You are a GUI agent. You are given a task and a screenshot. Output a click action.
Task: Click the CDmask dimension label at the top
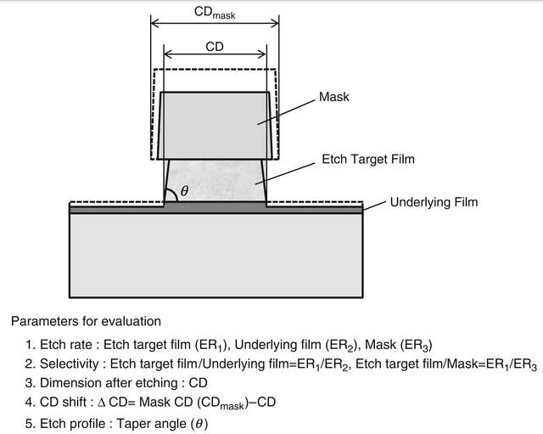215,13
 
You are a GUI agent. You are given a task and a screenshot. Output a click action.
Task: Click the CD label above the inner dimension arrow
215,47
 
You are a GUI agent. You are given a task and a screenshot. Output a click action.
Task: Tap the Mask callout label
333,97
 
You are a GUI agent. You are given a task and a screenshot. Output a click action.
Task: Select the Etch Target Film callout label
368,159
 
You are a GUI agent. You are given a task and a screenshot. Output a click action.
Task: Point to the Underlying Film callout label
434,202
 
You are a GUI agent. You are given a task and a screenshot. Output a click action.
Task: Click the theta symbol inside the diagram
185,190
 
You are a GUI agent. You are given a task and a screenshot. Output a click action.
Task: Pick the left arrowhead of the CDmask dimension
154,23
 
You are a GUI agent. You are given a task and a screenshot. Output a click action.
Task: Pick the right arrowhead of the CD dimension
262,54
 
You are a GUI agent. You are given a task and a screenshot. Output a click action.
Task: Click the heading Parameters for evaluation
86,321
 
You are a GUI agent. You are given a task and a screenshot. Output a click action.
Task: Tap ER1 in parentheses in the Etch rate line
211,345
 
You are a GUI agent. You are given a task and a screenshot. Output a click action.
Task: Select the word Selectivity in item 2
70,364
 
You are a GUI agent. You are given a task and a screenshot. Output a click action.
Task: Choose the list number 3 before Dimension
29,383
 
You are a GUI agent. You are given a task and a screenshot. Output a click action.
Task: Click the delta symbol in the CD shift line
101,403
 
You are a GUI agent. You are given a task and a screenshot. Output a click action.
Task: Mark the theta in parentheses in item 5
199,424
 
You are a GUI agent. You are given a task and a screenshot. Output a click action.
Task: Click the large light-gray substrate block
216,255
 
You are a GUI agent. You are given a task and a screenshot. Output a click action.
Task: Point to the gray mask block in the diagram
215,126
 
